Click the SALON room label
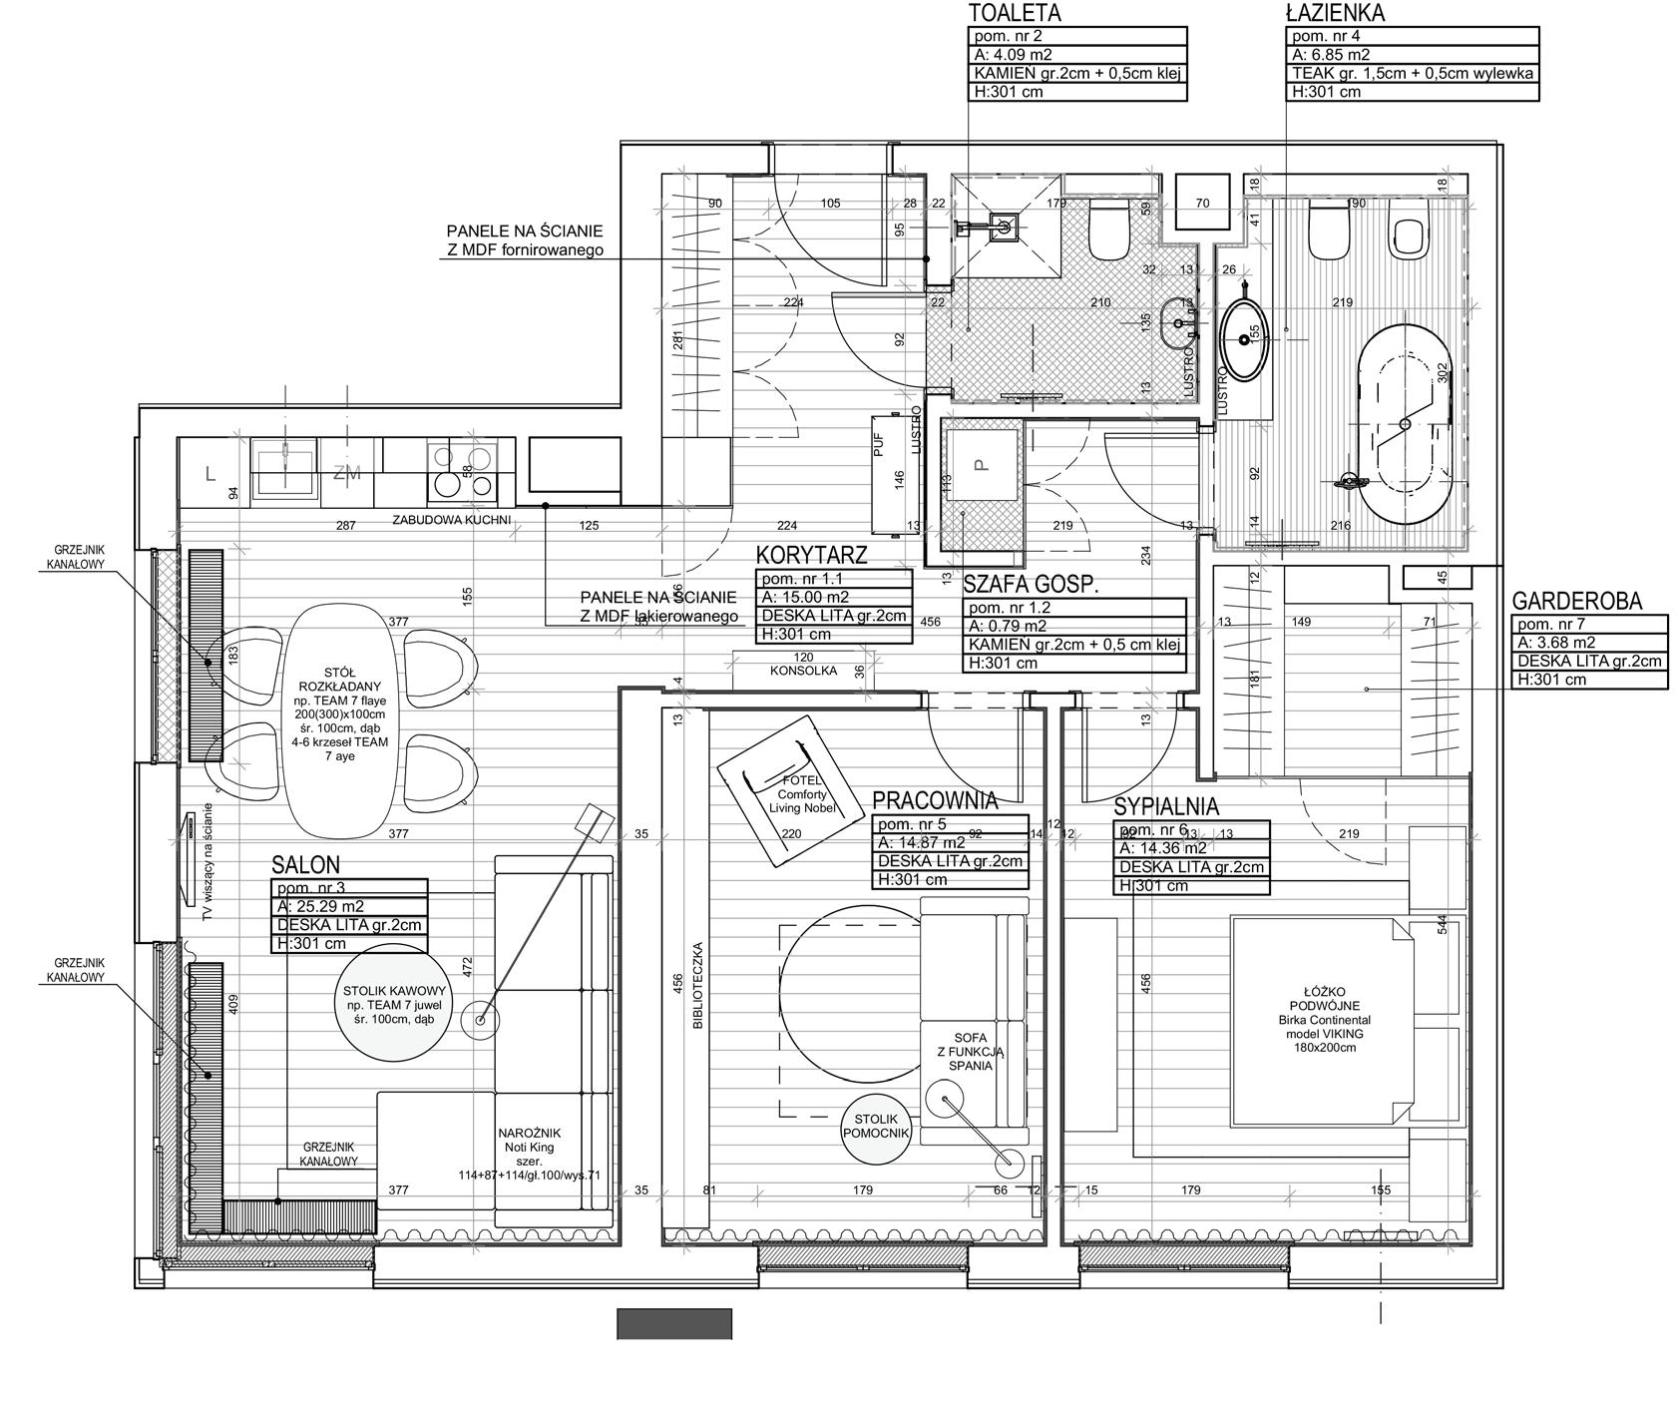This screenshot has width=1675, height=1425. (x=306, y=864)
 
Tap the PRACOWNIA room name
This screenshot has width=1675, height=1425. (x=934, y=800)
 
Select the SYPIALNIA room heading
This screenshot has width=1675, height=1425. (x=1166, y=807)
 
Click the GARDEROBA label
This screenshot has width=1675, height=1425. (x=1590, y=601)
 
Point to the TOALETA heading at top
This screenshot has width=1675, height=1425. (x=1015, y=13)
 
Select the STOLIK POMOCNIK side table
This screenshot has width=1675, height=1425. (x=877, y=1127)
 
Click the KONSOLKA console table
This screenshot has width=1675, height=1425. (x=804, y=671)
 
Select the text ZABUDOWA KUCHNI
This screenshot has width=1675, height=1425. (x=451, y=520)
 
